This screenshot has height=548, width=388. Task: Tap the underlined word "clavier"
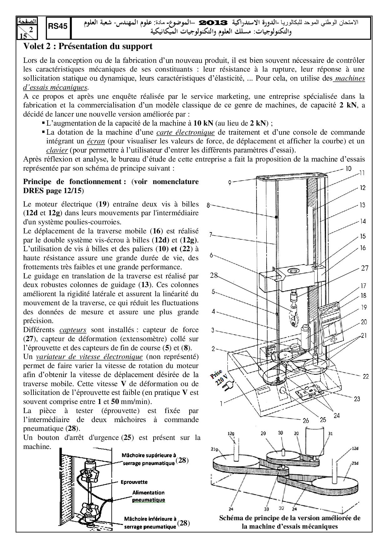(x=57, y=150)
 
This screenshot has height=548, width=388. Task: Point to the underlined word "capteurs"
(x=73, y=330)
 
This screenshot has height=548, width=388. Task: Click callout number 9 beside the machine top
(x=230, y=182)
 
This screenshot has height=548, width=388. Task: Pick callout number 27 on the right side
(x=365, y=268)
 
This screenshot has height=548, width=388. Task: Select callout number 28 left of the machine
(x=214, y=275)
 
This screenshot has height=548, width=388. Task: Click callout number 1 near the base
(x=221, y=403)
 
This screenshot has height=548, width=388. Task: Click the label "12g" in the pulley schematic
(x=231, y=433)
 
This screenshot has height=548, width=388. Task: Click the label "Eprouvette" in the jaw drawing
(x=134, y=482)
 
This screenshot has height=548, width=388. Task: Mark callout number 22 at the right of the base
(x=365, y=377)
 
